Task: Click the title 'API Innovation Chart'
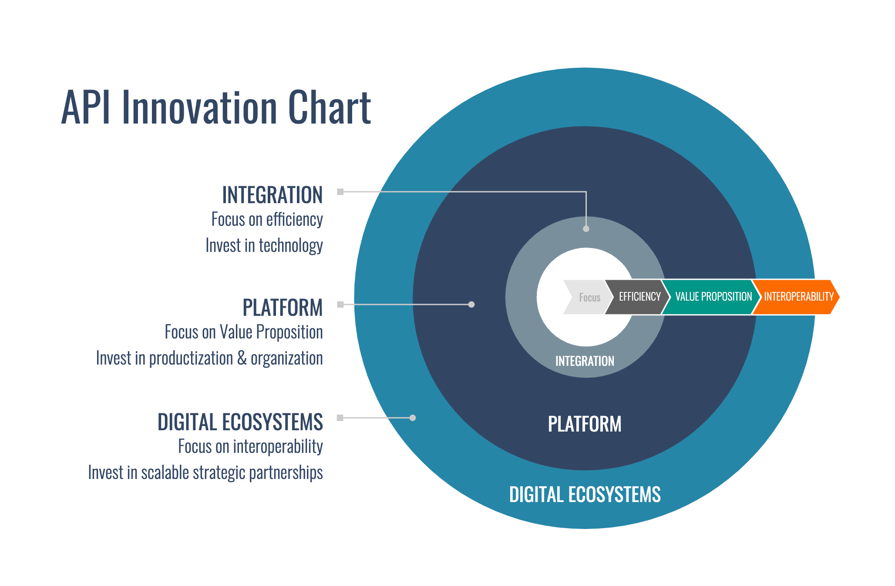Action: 216,107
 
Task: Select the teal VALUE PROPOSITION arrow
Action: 713,297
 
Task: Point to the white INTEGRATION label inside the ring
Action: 585,361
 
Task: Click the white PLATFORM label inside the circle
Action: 584,424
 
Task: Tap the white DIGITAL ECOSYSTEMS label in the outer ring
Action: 585,495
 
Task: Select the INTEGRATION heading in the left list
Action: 272,195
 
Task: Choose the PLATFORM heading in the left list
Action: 283,308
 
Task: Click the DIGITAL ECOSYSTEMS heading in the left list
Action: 240,422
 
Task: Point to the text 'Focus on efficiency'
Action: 267,220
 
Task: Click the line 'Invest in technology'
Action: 264,246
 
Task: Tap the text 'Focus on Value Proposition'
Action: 243,332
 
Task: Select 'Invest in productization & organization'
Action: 209,358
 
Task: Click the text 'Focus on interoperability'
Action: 250,447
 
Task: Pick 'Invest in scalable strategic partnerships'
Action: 205,473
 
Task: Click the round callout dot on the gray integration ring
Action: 586,229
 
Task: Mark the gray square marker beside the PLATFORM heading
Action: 340,305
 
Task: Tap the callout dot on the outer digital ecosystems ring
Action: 413,418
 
